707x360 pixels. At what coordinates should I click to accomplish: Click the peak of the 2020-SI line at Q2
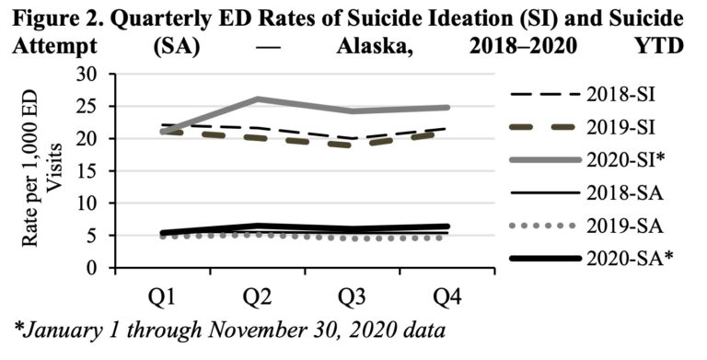[257, 99]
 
